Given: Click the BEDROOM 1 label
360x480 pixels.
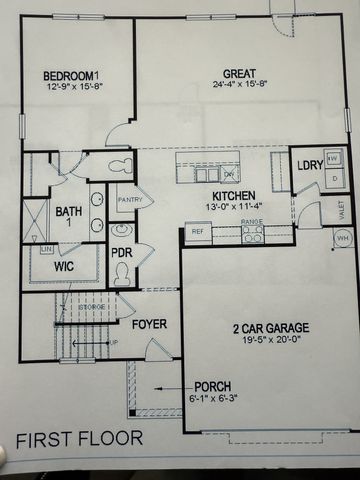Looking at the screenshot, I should pyautogui.click(x=73, y=76).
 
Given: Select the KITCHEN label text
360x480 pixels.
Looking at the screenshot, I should pyautogui.click(x=232, y=196).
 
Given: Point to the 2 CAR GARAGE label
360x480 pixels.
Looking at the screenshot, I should pyautogui.click(x=271, y=327).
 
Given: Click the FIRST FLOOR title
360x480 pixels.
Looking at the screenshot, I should pyautogui.click(x=79, y=438).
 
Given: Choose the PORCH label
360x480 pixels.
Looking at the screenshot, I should pyautogui.click(x=213, y=387).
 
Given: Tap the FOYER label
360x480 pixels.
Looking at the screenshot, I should pyautogui.click(x=149, y=324).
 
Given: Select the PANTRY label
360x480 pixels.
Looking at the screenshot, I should pyautogui.click(x=130, y=200).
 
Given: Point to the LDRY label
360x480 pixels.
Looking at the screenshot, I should pyautogui.click(x=307, y=165).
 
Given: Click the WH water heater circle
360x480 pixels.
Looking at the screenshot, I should pyautogui.click(x=343, y=238).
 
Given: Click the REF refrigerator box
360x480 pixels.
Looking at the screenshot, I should pyautogui.click(x=196, y=233).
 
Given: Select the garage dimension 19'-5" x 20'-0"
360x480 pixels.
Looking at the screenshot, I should pyautogui.click(x=270, y=340).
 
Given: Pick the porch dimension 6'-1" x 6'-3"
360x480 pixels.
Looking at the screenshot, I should pyautogui.click(x=214, y=399).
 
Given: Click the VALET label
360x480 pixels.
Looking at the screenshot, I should pyautogui.click(x=341, y=211).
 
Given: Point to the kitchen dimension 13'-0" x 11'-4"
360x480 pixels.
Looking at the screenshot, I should pyautogui.click(x=232, y=208).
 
